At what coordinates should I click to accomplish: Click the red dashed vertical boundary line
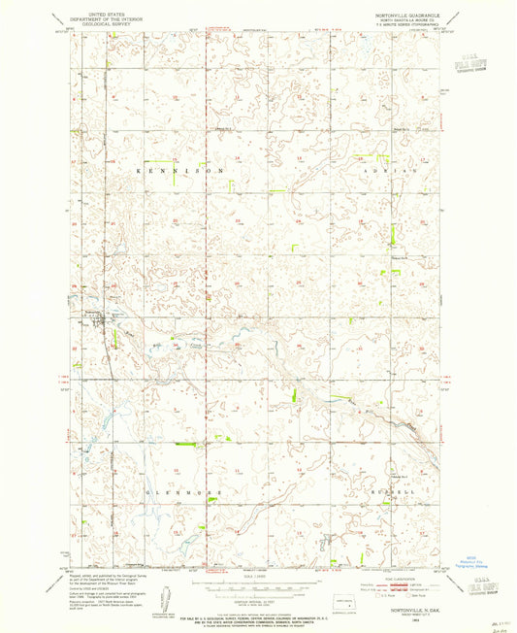coord(206,291)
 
